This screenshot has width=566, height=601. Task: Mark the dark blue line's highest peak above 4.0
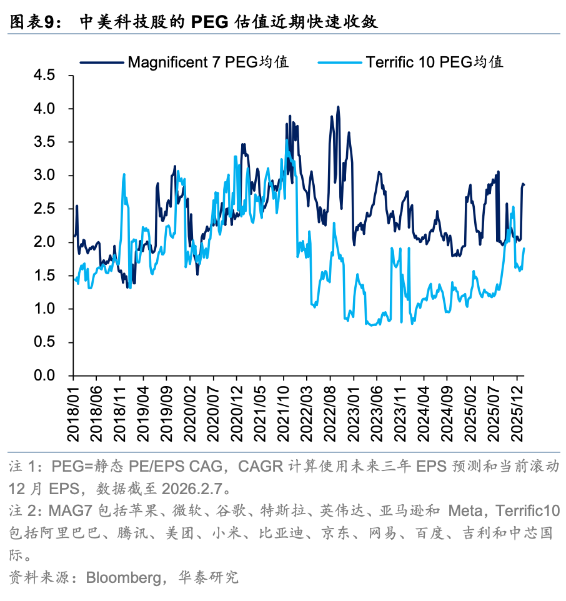[x=338, y=107]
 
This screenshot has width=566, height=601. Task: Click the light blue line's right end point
[x=524, y=248]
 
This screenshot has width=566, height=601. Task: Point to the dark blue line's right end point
[x=524, y=185]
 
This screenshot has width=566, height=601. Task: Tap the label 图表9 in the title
[x=35, y=22]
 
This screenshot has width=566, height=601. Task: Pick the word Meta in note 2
[x=467, y=512]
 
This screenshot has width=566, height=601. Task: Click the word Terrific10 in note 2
[x=527, y=512]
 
